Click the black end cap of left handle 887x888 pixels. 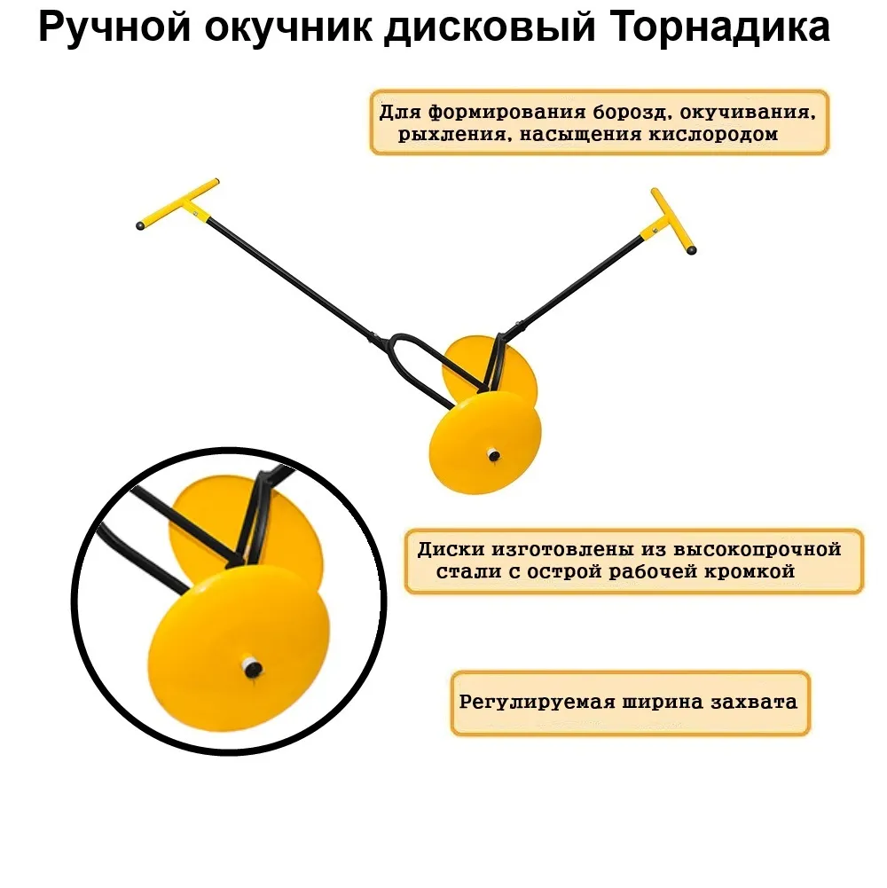[x=141, y=226]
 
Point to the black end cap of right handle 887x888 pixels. [x=693, y=252]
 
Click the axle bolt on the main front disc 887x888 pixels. [x=493, y=456]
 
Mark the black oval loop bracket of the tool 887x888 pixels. [x=404, y=364]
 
